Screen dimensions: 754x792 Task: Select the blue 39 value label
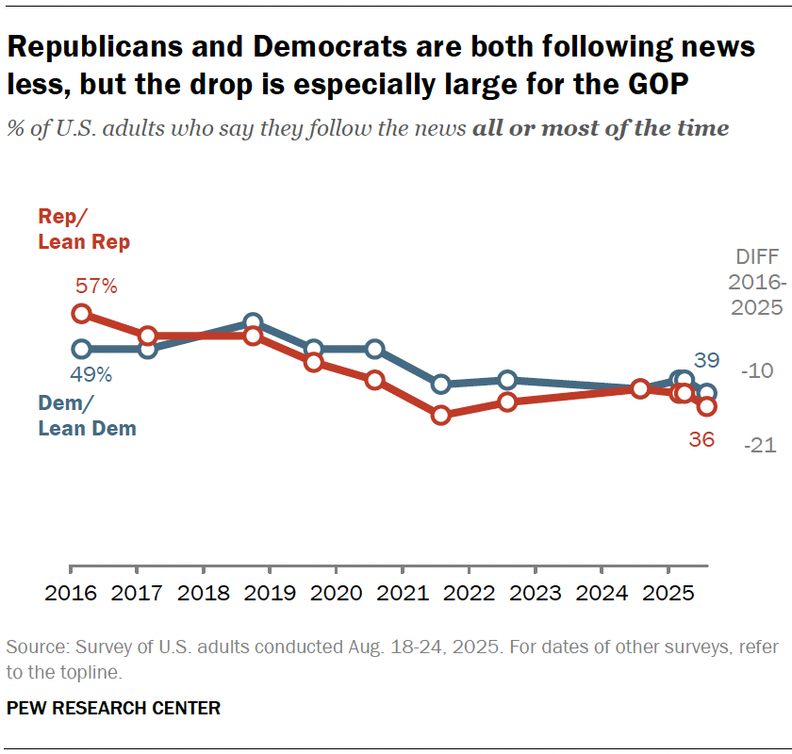pyautogui.click(x=706, y=360)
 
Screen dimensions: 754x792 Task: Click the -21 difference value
pyautogui.click(x=759, y=445)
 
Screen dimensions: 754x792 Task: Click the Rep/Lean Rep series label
pyautogui.click(x=84, y=229)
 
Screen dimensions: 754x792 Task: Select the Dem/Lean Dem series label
pyautogui.click(x=87, y=416)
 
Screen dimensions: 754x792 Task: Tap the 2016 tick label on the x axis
pyautogui.click(x=72, y=596)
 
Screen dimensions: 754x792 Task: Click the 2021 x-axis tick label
pyautogui.click(x=403, y=596)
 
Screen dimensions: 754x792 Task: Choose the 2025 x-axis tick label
pyautogui.click(x=668, y=596)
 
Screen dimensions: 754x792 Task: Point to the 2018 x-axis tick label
pyautogui.click(x=204, y=596)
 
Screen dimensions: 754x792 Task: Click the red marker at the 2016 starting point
pyautogui.click(x=82, y=313)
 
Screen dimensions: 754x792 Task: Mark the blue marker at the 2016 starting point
pyautogui.click(x=82, y=349)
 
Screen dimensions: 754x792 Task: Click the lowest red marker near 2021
pyautogui.click(x=440, y=415)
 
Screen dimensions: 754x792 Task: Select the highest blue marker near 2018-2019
pyautogui.click(x=253, y=323)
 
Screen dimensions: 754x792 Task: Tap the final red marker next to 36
pyautogui.click(x=706, y=406)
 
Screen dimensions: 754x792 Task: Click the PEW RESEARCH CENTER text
pyautogui.click(x=113, y=708)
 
